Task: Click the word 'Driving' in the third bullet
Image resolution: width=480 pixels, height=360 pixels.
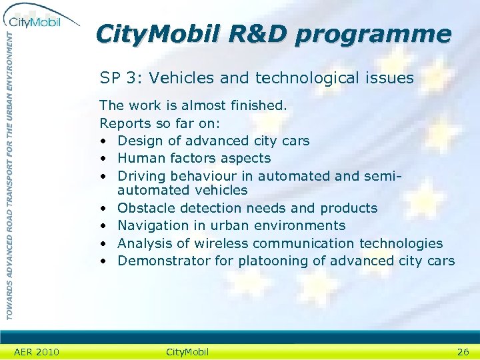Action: [x=141, y=176]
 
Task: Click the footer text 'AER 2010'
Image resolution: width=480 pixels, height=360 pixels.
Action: [x=37, y=351]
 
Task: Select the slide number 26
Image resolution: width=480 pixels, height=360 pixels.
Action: [x=463, y=351]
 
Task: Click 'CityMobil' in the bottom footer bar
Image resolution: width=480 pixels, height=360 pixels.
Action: [x=187, y=351]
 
